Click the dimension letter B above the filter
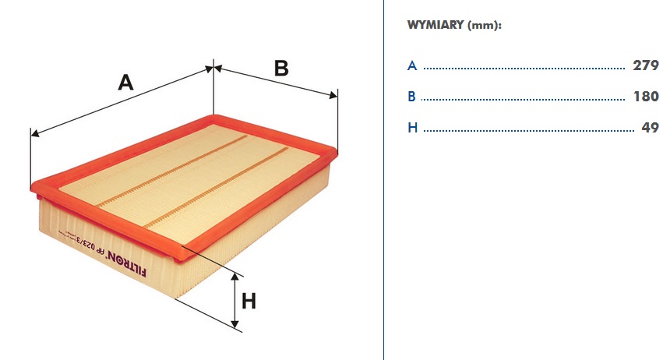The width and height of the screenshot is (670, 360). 280,69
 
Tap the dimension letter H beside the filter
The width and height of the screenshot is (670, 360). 249,301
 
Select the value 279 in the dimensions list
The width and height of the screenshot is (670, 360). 646,65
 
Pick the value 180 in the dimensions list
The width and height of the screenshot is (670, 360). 646,97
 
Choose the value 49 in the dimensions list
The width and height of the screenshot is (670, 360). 651,127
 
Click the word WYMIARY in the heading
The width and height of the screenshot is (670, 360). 436,25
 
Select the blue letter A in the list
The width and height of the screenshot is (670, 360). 412,66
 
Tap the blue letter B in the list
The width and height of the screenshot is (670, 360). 412,97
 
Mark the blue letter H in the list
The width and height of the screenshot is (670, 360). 413,127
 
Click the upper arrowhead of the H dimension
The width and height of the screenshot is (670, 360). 236,277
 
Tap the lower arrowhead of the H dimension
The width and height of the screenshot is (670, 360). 236,323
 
